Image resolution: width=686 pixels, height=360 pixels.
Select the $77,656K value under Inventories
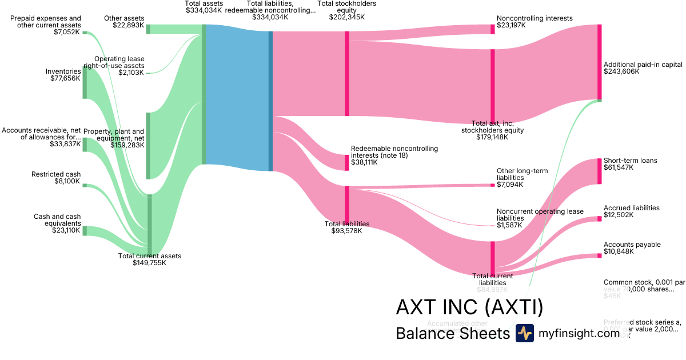(65, 78)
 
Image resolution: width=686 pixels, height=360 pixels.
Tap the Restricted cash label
(56, 174)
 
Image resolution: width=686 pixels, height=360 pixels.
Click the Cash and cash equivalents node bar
(85, 231)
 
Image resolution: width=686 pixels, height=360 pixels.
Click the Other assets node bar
(148, 29)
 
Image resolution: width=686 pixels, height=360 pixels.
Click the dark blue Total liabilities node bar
(270, 101)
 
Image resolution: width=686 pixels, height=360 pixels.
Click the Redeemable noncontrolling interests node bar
(346, 163)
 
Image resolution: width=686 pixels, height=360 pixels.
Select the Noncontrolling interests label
(535, 18)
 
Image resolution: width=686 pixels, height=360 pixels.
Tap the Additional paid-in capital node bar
(600, 62)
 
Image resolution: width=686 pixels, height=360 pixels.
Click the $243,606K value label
(621, 72)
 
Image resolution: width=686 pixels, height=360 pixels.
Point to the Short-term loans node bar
(600, 171)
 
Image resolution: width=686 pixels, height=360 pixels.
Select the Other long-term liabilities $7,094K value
(510, 185)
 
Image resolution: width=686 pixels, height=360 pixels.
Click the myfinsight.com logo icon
(524, 333)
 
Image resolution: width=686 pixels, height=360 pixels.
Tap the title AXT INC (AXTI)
(469, 308)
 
